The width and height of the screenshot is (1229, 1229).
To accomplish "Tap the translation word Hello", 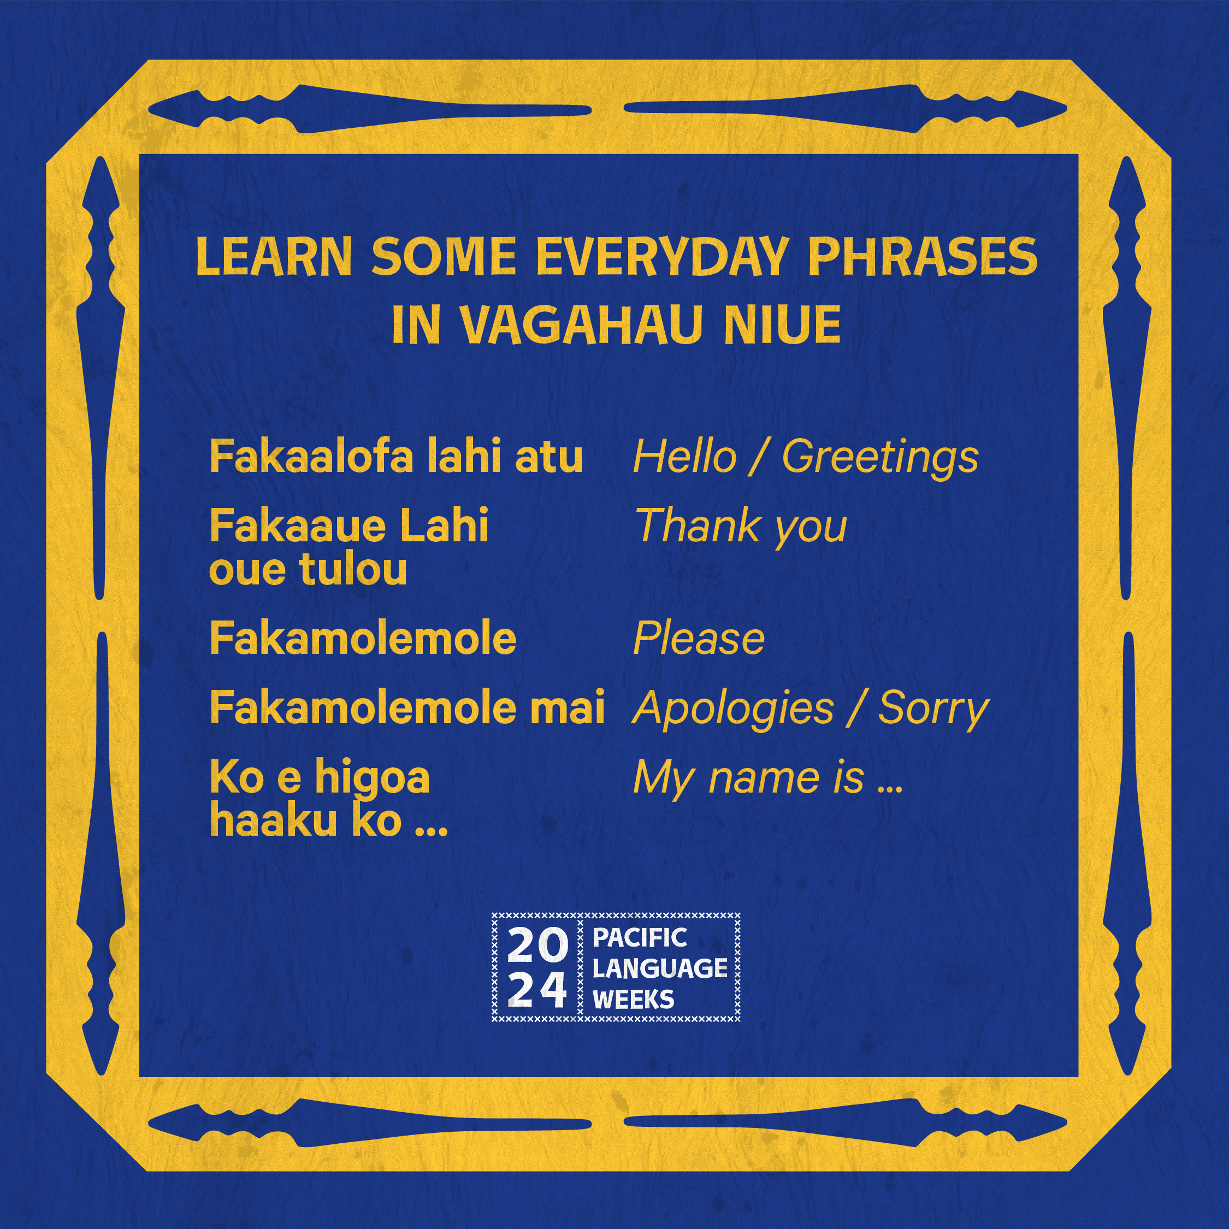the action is (x=685, y=457).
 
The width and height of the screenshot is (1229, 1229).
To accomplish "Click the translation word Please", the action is (x=699, y=638).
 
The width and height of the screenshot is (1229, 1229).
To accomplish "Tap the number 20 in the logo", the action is (x=537, y=947).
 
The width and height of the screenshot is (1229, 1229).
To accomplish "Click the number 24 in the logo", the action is (x=537, y=990).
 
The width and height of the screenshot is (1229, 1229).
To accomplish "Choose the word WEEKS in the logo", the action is (x=633, y=1000).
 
